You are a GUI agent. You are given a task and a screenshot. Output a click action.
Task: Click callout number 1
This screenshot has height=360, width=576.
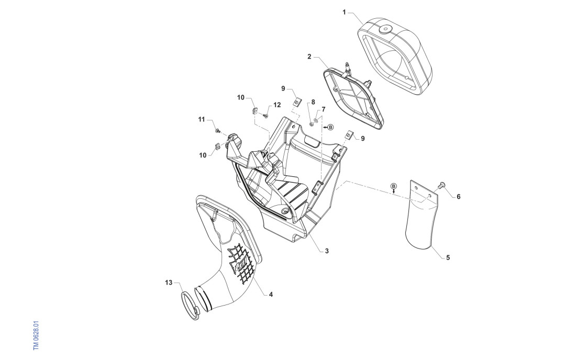(x=344, y=12)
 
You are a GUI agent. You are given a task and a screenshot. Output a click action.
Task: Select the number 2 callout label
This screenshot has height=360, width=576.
(x=309, y=56)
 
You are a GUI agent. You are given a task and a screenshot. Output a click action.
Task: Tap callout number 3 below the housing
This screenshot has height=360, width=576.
(x=326, y=251)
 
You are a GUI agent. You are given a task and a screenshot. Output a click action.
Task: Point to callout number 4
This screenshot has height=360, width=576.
(x=271, y=295)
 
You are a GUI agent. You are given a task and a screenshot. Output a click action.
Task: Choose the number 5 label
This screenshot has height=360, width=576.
(x=448, y=257)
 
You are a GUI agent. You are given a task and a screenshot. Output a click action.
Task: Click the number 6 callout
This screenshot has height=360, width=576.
(x=458, y=197)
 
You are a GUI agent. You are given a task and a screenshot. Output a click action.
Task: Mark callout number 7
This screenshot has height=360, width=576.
(x=324, y=109)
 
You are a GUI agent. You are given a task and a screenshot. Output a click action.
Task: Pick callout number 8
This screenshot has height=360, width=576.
(x=313, y=102)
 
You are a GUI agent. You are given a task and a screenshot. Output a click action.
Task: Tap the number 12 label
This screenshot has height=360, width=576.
(x=277, y=105)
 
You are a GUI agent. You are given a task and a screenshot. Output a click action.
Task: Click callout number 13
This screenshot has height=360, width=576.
(x=169, y=283)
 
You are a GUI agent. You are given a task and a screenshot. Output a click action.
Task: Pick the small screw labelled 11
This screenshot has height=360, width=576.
(x=217, y=128)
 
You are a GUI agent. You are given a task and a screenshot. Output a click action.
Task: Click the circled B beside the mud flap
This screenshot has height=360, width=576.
(x=394, y=186)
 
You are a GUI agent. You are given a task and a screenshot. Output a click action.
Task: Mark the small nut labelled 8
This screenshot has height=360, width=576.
(x=313, y=123)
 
